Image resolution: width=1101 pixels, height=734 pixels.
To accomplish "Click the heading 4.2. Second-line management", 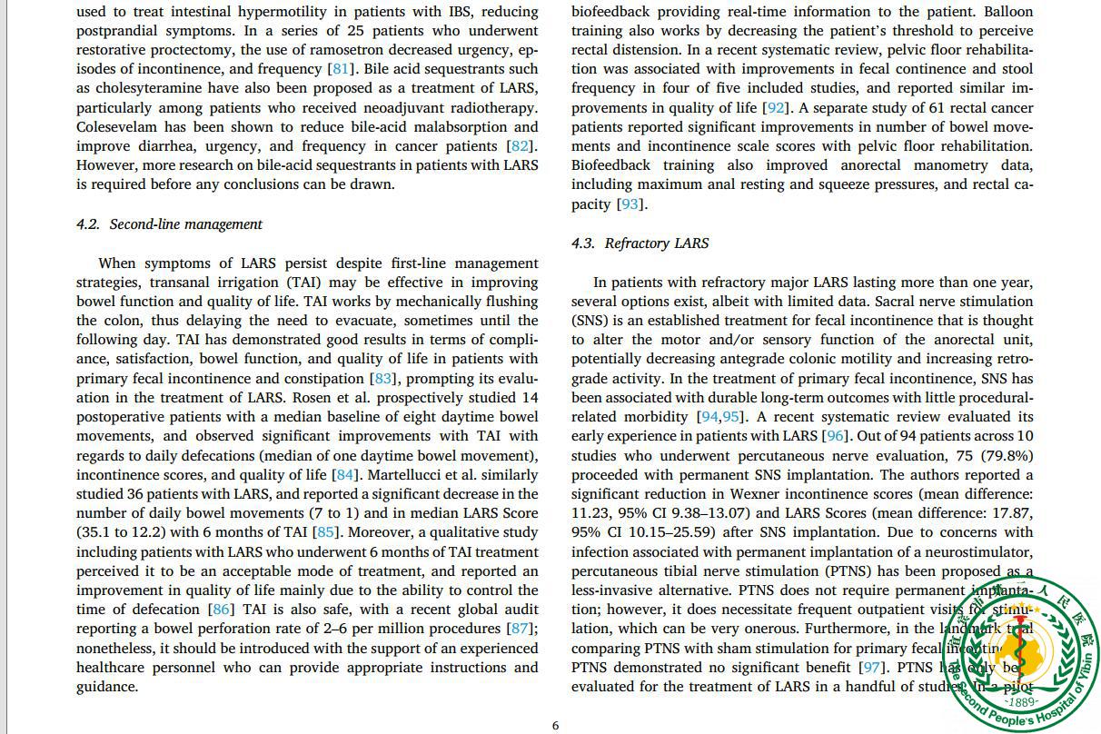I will tap(169, 224).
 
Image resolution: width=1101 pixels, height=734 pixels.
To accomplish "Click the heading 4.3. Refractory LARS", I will tap(640, 243).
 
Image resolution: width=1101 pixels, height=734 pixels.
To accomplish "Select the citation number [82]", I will tap(521, 146).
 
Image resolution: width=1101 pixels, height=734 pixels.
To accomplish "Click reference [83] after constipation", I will tap(382, 379).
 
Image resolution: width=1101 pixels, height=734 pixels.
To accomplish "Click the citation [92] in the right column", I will tap(775, 108).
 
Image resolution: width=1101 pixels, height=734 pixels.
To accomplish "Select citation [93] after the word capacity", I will tap(630, 204).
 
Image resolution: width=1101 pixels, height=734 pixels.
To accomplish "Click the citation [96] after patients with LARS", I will tap(835, 436).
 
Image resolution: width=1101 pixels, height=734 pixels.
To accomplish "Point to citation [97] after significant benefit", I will tap(872, 668).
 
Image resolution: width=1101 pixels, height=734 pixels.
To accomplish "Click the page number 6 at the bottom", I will tap(556, 726).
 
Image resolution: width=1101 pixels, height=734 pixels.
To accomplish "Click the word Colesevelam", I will tap(119, 127).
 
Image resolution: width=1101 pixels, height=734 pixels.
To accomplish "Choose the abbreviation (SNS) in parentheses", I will tap(591, 321).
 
